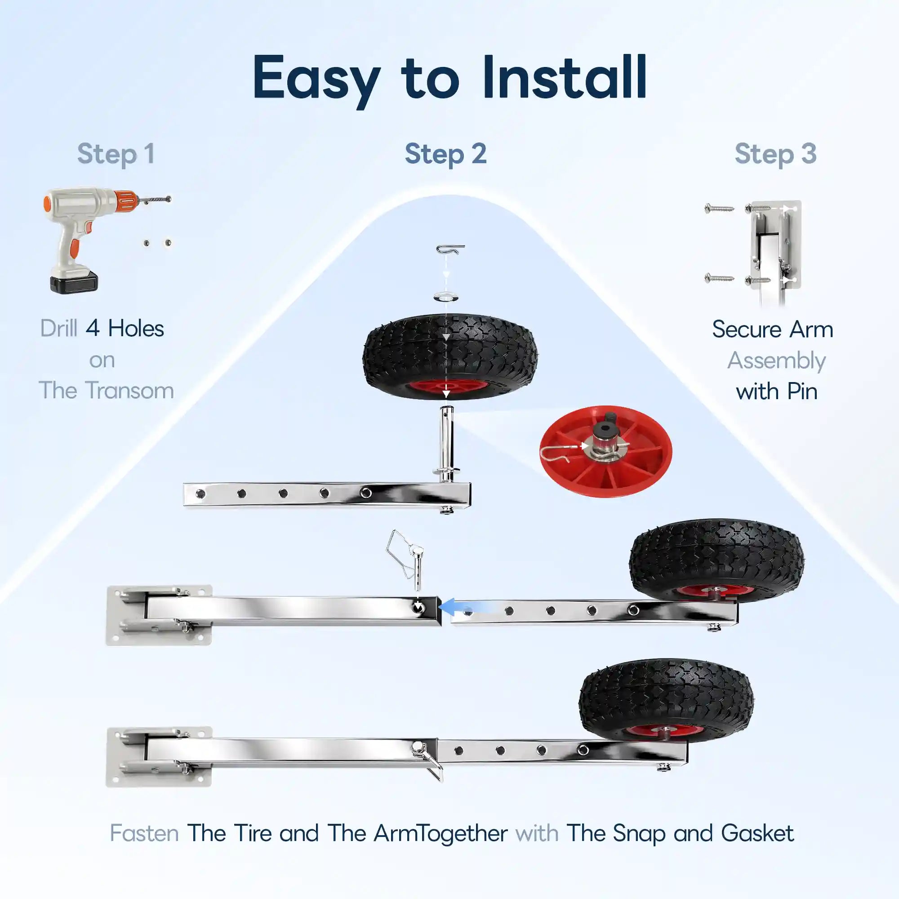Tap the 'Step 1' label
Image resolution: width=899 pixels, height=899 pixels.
(116, 155)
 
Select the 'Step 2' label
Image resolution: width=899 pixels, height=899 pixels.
(446, 155)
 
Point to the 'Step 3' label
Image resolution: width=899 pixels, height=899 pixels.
(776, 155)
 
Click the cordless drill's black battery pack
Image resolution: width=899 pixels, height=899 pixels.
(74, 281)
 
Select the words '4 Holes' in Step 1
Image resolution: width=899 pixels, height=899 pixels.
(125, 329)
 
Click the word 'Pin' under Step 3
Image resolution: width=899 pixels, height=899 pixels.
(800, 392)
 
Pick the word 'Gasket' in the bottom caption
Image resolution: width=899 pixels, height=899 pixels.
(757, 833)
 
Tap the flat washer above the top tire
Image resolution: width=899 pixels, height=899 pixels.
(446, 296)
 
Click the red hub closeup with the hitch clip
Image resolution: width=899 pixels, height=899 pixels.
(606, 452)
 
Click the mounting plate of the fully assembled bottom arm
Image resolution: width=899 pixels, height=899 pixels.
(159, 757)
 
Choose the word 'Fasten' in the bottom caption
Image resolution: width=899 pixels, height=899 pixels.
(144, 833)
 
